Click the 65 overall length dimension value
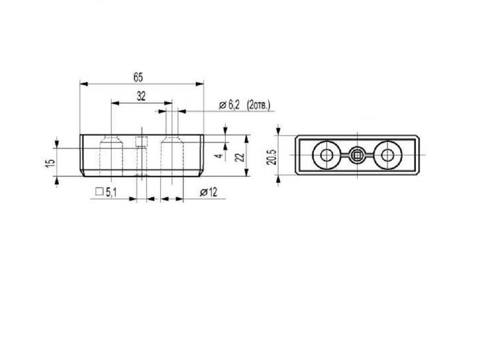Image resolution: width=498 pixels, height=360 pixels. (138, 77)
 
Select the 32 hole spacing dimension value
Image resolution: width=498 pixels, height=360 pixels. (141, 96)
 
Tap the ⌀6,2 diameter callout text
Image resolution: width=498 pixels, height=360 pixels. (229, 105)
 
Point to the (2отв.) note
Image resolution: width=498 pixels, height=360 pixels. (258, 105)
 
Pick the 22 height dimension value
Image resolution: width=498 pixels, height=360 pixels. (240, 157)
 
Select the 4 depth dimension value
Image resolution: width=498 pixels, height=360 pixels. (219, 156)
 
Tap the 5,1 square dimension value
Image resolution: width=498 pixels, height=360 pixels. (111, 192)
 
